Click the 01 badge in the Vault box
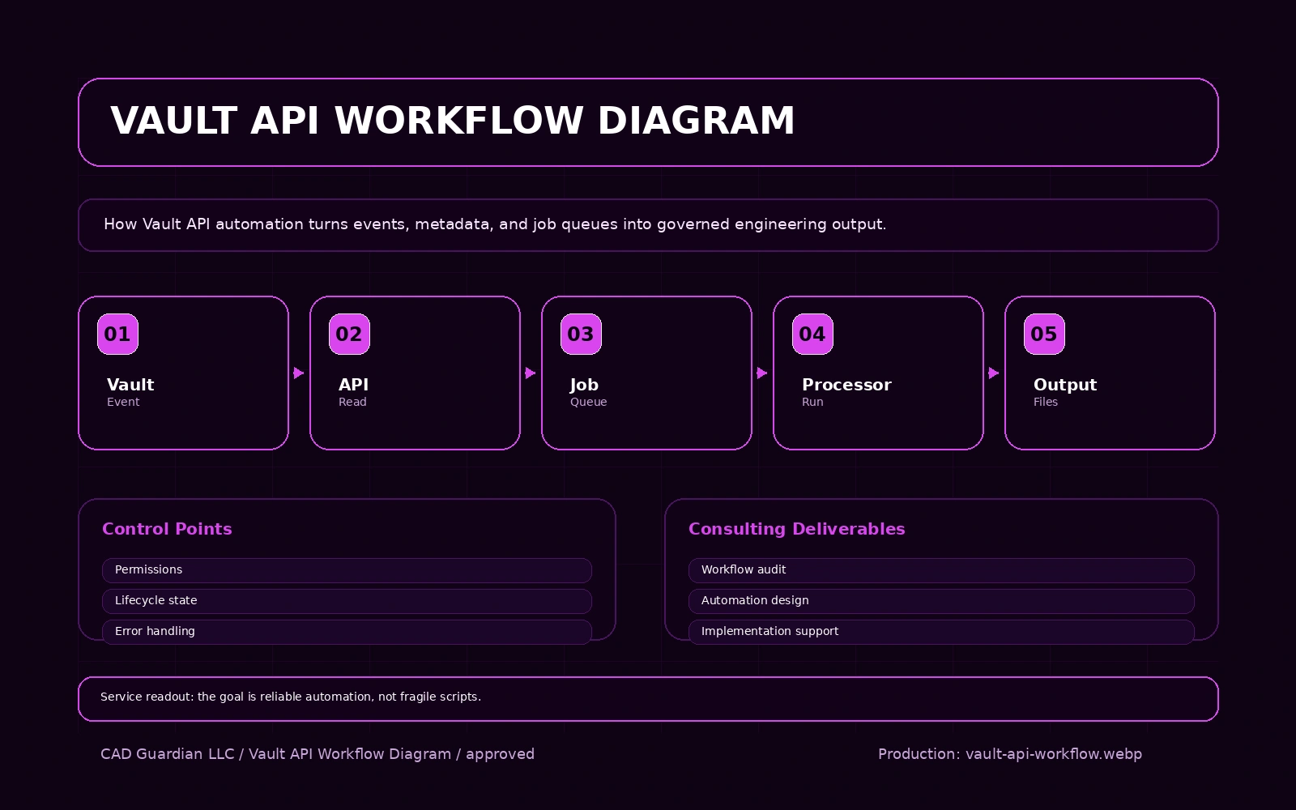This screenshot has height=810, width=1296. [117, 334]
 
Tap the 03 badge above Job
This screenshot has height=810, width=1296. [581, 334]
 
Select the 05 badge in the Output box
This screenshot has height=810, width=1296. [1044, 334]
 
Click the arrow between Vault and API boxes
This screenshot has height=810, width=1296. [299, 373]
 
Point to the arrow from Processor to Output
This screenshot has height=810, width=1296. [994, 373]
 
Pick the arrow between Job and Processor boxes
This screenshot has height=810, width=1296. [762, 373]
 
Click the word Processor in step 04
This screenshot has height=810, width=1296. [846, 385]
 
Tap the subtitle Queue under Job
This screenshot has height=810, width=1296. [588, 402]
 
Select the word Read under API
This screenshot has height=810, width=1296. [352, 402]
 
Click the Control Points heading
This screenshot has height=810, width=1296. [167, 529]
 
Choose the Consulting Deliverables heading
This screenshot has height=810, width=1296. [796, 529]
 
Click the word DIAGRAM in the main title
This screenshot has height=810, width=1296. [696, 121]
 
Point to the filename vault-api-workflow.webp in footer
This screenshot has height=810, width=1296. [1053, 754]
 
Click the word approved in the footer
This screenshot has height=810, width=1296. [500, 754]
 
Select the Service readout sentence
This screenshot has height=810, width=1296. [291, 697]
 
